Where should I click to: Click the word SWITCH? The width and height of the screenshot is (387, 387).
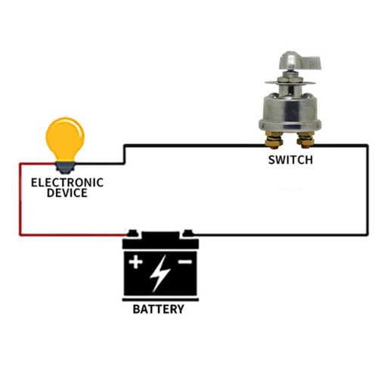290,160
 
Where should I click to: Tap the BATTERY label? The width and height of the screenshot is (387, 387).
159,309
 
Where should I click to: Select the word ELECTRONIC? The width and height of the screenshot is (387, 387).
67,183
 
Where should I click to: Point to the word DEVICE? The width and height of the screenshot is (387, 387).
67,193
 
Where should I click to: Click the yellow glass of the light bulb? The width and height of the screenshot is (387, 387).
65,138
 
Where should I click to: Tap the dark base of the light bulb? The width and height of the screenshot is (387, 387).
65,167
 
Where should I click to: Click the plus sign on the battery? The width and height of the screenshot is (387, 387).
135,262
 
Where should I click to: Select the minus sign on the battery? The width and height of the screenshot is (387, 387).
185,262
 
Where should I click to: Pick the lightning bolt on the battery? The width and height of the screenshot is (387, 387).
159,274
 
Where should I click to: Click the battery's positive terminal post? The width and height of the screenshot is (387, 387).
133,234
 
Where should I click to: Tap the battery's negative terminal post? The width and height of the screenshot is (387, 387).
188,234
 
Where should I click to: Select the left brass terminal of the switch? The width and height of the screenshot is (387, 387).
274,141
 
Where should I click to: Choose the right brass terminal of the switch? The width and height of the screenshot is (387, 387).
305,141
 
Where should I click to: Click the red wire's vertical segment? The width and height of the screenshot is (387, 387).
20,200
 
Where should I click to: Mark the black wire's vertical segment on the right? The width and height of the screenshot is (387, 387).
367,190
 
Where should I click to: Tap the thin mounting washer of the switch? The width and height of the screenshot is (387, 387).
290,83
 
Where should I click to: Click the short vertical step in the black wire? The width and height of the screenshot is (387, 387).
124,154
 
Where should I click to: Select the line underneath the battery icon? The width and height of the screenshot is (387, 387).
160,300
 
